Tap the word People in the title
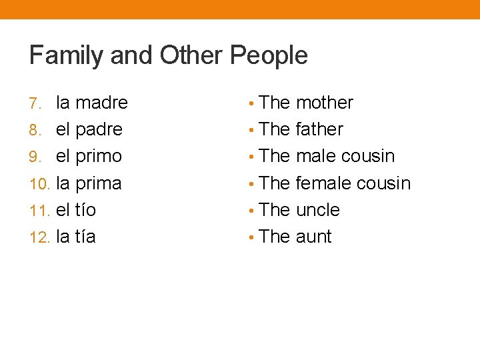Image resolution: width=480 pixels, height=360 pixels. [269, 56]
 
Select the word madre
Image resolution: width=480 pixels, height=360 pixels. [101, 103]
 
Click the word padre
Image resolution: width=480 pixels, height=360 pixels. [99, 129]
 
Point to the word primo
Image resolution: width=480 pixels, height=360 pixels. [98, 157]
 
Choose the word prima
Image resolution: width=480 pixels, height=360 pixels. [98, 183]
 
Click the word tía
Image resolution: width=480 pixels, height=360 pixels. [86, 237]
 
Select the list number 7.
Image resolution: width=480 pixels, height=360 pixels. [36, 103]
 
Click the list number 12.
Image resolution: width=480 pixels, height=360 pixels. [39, 237]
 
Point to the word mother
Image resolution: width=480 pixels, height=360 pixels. [324, 103]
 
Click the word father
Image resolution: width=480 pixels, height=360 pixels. [319, 129]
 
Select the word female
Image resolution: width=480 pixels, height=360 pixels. [323, 183]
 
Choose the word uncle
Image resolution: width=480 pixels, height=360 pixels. [317, 210]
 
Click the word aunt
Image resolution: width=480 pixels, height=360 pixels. [313, 237]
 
